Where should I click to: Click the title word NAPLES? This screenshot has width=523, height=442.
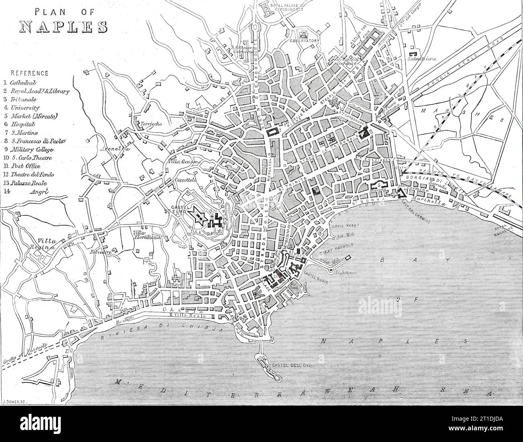(x=64, y=26)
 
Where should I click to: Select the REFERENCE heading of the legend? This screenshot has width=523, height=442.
(x=29, y=73)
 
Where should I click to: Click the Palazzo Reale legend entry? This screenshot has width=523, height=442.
(x=31, y=183)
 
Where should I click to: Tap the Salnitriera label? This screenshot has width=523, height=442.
(x=432, y=58)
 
